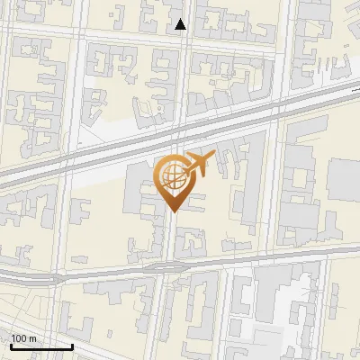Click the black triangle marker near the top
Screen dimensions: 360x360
[181, 25]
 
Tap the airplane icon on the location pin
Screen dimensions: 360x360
[197, 163]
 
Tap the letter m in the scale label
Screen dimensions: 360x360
[33, 338]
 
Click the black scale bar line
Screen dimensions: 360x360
[40, 346]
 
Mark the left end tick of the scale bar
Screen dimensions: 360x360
[10, 345]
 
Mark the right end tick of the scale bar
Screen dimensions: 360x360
[72, 345]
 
